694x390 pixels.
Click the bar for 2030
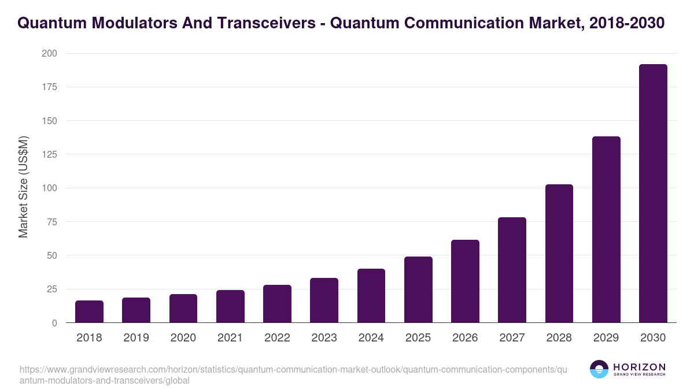click(x=653, y=194)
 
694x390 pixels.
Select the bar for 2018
click(x=89, y=311)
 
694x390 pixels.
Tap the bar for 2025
click(x=418, y=289)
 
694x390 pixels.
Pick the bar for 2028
click(x=559, y=254)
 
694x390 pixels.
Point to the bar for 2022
click(x=277, y=304)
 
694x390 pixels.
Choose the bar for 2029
click(x=606, y=229)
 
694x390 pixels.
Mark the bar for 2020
click(x=183, y=309)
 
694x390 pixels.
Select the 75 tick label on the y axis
click(x=52, y=222)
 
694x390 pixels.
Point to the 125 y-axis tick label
click(x=50, y=154)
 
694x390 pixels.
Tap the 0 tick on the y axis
click(x=54, y=323)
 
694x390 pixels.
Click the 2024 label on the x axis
click(x=371, y=338)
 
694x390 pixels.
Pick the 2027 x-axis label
click(x=512, y=338)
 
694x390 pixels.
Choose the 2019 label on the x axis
click(x=136, y=338)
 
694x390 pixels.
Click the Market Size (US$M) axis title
click(x=23, y=187)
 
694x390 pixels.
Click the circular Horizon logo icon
click(x=599, y=370)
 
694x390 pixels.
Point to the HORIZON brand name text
click(x=639, y=367)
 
